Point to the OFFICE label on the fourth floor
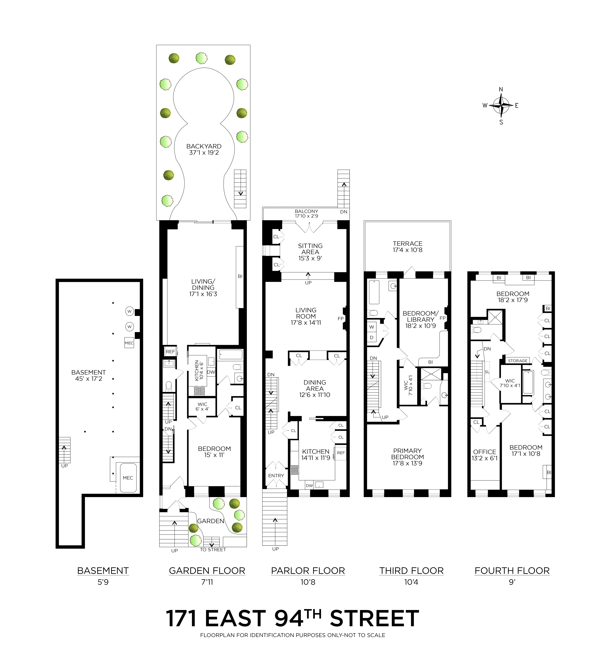coord(484,455)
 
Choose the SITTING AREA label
coord(310,252)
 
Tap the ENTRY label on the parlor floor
coord(276,475)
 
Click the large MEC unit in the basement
coord(128,478)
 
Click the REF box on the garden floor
coord(170,352)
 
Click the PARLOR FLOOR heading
coord(308,571)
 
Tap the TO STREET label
coord(213,549)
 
